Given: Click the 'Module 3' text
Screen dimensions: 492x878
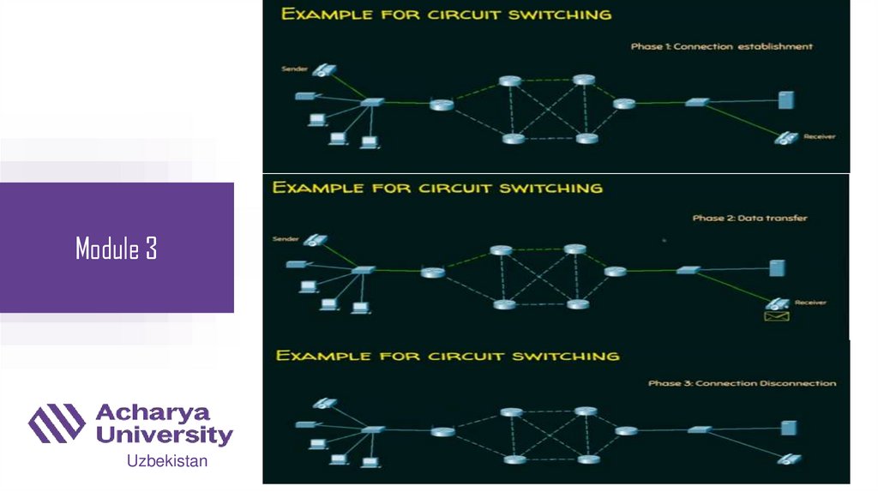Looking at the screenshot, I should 116,249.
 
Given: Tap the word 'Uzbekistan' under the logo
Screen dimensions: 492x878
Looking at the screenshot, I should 167,461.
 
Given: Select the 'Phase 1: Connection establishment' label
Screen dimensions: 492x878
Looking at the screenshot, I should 721,46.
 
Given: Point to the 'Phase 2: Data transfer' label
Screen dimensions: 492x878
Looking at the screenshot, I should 749,219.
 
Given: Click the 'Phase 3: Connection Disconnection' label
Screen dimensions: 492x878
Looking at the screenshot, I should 742,383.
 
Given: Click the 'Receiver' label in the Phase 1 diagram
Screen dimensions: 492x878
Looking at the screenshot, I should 819,136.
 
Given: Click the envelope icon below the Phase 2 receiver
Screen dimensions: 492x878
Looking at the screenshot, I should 776,316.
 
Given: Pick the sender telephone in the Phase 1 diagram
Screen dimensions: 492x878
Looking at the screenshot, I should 323,70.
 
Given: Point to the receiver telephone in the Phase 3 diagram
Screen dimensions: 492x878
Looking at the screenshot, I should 785,459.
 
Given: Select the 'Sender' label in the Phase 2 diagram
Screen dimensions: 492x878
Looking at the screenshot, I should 285,239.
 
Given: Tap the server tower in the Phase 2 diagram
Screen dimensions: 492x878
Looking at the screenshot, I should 777,267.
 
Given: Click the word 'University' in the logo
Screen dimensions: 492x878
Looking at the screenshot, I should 164,435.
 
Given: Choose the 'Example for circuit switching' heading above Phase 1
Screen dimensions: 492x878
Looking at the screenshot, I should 447,14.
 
